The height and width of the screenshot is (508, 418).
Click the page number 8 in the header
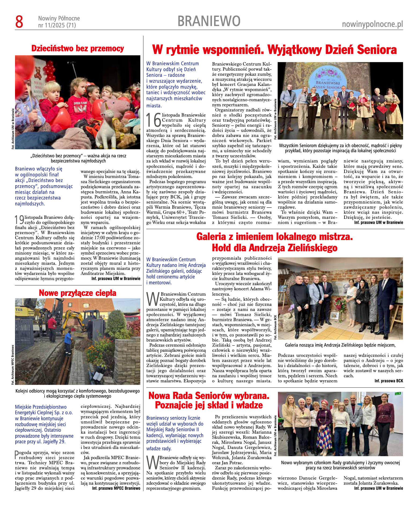coord(19,22)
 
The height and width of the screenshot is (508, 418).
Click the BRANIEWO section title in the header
coord(209,21)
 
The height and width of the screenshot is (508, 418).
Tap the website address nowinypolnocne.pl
coord(372,24)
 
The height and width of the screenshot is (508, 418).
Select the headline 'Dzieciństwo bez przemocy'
coord(78,49)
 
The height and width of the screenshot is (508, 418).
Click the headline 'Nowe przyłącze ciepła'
coord(78,293)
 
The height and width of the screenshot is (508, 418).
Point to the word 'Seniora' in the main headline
coord(374,50)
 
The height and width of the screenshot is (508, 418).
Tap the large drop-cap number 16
coord(153,120)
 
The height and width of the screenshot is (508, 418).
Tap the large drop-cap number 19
coord(19,220)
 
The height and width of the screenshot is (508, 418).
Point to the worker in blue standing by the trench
coord(68,342)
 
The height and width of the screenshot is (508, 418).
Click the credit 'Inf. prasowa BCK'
coord(388,381)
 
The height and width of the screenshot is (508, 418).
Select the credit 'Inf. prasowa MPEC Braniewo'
coord(116,488)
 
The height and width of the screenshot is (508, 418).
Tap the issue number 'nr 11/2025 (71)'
coord(57,26)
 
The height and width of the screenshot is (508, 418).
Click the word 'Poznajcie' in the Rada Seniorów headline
coord(178,405)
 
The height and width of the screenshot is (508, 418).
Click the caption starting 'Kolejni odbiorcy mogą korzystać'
coord(78,393)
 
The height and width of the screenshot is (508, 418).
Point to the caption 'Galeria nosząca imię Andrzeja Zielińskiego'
coord(340,345)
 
